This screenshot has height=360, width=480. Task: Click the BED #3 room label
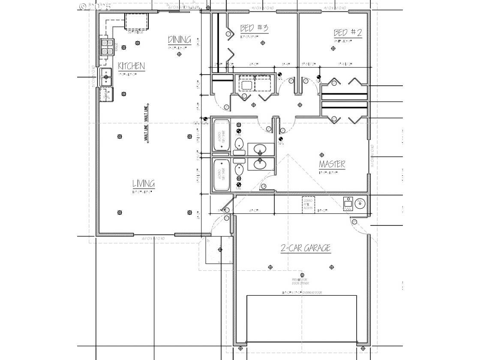[x=254, y=29]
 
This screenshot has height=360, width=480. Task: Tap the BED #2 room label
[x=348, y=33]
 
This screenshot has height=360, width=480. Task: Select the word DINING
[x=179, y=40]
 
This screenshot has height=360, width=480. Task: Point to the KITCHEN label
[x=131, y=66]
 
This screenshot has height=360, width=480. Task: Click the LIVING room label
[x=143, y=184]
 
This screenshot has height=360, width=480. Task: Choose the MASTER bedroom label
[x=332, y=164]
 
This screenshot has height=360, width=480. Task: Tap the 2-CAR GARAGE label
[x=306, y=248]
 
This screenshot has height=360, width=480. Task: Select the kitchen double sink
[x=106, y=77]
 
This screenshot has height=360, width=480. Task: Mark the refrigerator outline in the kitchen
[x=137, y=21]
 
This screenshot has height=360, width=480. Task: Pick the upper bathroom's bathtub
[x=222, y=135]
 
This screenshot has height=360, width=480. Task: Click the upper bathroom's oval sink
[x=260, y=150]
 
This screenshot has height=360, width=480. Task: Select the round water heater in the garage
[x=360, y=204]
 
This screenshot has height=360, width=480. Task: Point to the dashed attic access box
[x=309, y=206]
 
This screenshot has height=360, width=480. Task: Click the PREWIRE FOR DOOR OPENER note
[x=301, y=282]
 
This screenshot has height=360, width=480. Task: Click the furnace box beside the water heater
[x=348, y=205]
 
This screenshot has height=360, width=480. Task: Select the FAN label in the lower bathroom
[x=239, y=188]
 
